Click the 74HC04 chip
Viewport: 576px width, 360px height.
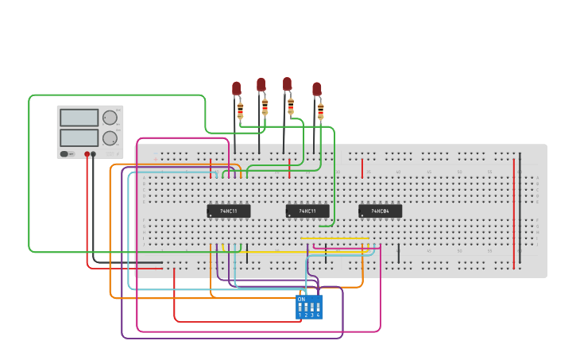(380, 211)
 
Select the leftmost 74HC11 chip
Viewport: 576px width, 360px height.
(229, 211)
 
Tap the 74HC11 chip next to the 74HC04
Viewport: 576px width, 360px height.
(307, 211)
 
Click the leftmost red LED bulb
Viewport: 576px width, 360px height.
(236, 87)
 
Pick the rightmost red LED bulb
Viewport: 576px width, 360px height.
(317, 88)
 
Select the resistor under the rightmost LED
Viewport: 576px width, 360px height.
(320, 110)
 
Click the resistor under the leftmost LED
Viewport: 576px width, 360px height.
(240, 110)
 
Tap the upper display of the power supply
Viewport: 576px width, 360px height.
(79, 118)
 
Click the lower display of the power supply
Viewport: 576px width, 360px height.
(79, 137)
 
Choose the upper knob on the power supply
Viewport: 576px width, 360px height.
(110, 118)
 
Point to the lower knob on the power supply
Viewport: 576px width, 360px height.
(110, 137)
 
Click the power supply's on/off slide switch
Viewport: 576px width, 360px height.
(64, 153)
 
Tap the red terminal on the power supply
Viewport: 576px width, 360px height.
(87, 154)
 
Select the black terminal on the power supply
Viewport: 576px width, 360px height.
(94, 154)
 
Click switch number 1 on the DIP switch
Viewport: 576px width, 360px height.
(300, 307)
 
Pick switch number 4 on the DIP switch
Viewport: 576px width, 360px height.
(319, 307)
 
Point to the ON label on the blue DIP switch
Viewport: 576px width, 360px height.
(301, 299)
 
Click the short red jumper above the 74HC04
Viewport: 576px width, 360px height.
(362, 168)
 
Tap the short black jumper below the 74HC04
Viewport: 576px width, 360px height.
(398, 254)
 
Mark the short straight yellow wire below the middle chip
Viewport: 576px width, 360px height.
(334, 238)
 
